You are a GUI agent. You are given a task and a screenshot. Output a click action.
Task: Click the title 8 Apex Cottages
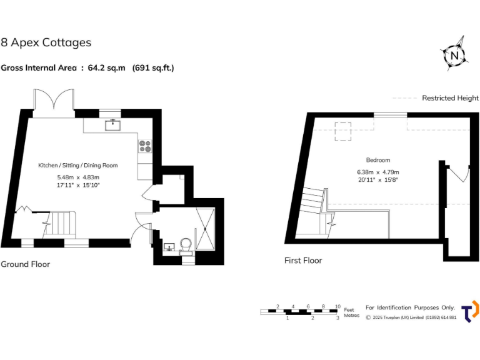[46, 42]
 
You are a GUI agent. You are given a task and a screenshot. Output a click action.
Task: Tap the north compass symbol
[454, 55]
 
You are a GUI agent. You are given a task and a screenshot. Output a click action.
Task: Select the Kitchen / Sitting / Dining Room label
[78, 166]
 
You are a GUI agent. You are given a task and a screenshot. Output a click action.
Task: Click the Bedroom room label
[378, 160]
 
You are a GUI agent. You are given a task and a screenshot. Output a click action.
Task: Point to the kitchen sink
[113, 124]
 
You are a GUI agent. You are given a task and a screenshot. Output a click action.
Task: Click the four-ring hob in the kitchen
[145, 146]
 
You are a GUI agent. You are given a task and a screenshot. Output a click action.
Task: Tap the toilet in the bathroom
[186, 244]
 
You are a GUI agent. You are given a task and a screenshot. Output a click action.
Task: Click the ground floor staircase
[62, 222]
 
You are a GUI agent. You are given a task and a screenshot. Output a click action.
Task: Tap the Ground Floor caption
[25, 264]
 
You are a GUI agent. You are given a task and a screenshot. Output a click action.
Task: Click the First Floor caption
[303, 261]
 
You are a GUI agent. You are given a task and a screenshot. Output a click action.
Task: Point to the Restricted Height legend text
[450, 98]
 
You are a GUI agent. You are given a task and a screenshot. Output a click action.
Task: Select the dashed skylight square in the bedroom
[344, 132]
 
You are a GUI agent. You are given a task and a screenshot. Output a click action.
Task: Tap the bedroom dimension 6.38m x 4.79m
[378, 172]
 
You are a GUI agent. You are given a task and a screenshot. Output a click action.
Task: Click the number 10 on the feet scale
[337, 307]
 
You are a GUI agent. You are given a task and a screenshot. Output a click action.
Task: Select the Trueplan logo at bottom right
[470, 311]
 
